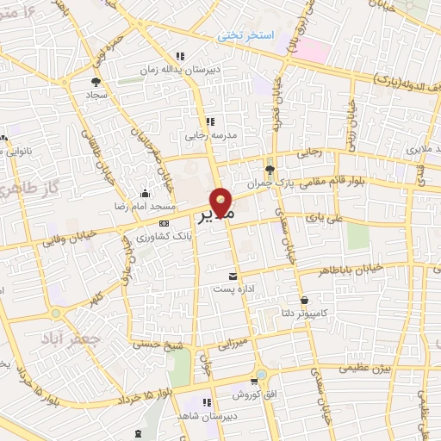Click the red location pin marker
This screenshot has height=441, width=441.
[222, 203]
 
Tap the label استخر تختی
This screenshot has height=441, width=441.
[244, 35]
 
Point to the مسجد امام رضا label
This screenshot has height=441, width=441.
[124, 208]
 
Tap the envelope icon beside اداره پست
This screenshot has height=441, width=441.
[230, 276]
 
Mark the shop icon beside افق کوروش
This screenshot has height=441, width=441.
[254, 382]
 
